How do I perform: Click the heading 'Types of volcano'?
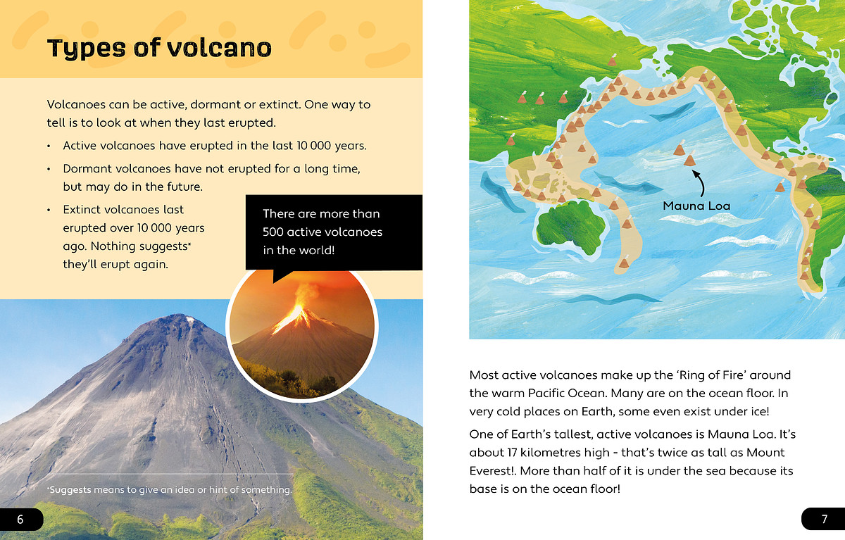click(159, 49)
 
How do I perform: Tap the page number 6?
click(20, 520)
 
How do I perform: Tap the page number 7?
click(825, 520)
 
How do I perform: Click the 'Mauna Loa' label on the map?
click(696, 206)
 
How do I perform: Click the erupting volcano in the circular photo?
click(302, 339)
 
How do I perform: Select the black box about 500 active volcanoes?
click(334, 232)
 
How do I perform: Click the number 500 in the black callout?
click(273, 232)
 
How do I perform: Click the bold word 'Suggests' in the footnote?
click(70, 490)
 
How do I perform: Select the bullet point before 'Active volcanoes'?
click(49, 146)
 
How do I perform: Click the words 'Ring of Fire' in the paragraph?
click(711, 375)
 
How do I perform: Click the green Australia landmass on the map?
click(570, 225)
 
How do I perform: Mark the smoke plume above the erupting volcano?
click(304, 294)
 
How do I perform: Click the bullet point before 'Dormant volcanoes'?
click(49, 169)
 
